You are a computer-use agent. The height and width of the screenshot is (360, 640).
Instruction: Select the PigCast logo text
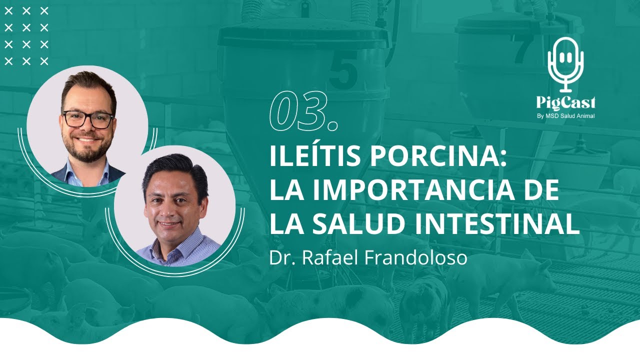[565, 103]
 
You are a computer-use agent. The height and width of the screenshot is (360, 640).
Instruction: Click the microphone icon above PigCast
[565, 62]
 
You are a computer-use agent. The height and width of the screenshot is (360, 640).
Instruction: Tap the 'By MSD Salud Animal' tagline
[565, 116]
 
